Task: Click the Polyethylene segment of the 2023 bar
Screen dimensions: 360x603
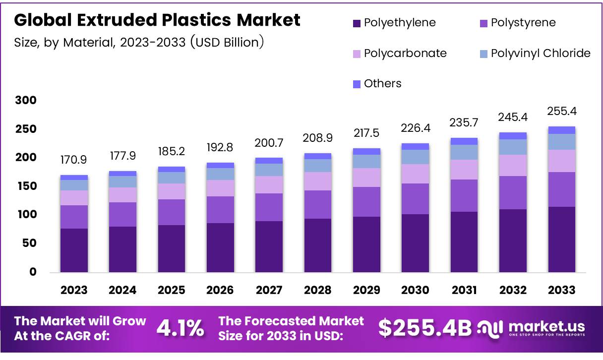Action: (74, 250)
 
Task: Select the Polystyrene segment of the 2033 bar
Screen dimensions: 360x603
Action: (561, 189)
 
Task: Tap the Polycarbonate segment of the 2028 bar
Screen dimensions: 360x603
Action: (317, 181)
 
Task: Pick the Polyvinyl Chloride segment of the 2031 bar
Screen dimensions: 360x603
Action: (464, 152)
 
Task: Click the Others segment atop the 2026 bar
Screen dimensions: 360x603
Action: (220, 165)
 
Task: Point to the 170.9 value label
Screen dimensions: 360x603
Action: (74, 161)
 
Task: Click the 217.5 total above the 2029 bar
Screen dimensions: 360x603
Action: (366, 134)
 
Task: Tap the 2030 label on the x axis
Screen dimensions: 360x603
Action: (415, 290)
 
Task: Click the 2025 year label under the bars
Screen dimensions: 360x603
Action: (171, 290)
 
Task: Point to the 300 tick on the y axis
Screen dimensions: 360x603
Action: (26, 101)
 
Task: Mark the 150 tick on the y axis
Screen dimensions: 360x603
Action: (26, 186)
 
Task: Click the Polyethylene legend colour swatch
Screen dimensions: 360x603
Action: (357, 23)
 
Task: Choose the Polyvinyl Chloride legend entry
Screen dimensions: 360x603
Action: (541, 53)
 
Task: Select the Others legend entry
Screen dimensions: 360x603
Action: (382, 83)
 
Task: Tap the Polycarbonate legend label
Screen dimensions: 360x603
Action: (405, 53)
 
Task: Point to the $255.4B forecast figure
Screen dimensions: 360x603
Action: (425, 328)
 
